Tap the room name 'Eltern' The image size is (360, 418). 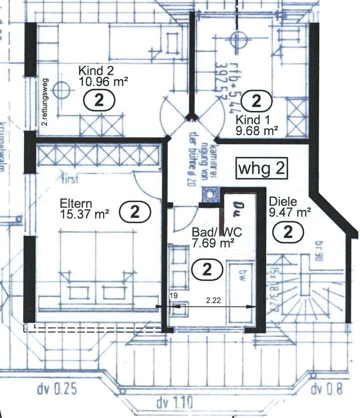[x=75, y=204]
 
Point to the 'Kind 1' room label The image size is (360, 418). [x=248, y=120]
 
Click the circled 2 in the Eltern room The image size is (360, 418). [x=135, y=212]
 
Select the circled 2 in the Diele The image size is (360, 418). [x=288, y=232]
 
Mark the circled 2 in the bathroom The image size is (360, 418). [x=206, y=270]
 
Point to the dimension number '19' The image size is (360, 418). [x=173, y=296]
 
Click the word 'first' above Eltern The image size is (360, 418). [x=70, y=177]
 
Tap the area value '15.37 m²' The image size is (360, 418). [x=85, y=214]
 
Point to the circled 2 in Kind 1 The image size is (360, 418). [x=256, y=102]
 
